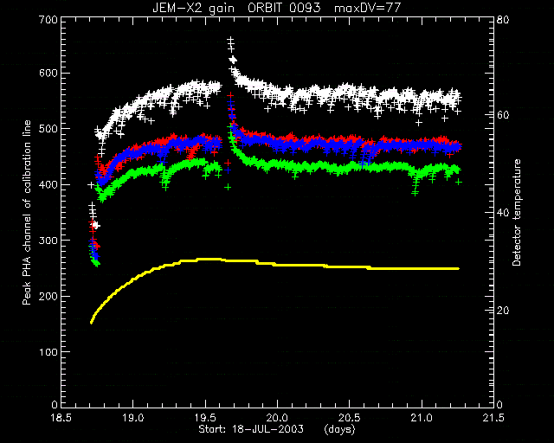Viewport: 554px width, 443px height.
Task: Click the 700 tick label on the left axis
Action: [49, 20]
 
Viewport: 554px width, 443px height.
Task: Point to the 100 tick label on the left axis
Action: [49, 352]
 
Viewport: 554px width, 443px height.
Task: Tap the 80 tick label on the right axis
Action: [504, 19]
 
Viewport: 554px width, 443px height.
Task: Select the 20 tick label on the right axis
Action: [504, 311]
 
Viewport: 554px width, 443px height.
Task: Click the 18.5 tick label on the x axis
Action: [61, 418]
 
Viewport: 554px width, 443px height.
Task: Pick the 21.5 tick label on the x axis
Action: [493, 418]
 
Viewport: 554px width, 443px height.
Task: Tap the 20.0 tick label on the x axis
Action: [277, 418]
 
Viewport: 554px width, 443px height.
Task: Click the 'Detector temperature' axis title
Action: [517, 212]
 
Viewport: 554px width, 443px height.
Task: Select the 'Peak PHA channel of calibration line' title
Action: [27, 212]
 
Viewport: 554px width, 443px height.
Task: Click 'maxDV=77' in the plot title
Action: [367, 8]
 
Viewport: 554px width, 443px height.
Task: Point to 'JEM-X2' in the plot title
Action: [175, 8]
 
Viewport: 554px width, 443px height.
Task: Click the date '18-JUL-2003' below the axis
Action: [267, 429]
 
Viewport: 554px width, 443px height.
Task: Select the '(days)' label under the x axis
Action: [340, 429]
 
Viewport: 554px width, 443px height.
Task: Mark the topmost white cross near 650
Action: [230, 40]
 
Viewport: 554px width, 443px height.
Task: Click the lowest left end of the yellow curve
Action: [92, 322]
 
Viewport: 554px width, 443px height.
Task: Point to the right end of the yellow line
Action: [458, 269]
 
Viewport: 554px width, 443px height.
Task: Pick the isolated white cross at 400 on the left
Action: [91, 185]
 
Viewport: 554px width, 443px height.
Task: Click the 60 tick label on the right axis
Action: [504, 116]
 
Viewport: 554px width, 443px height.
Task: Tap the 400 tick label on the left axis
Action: [49, 185]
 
